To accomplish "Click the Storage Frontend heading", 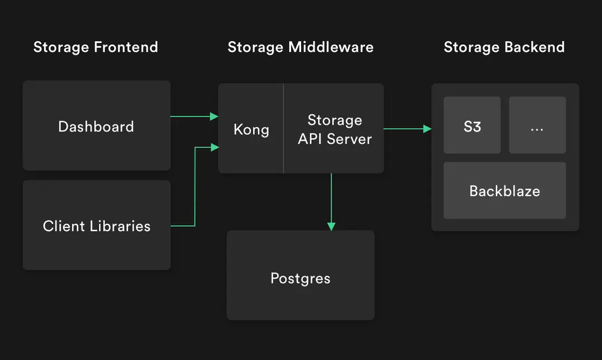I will (95, 47).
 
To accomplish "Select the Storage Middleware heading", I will (300, 47).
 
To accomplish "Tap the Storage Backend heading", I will (504, 47).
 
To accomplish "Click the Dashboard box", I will (96, 126).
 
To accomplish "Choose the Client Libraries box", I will (96, 226).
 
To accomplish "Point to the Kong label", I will (251, 130).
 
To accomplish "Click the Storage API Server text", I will (334, 129).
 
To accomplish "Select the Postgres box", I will (300, 278).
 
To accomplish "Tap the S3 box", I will (472, 126).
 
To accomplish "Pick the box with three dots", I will (537, 126).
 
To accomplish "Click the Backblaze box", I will (504, 191).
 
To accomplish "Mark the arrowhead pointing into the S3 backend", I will (428, 129).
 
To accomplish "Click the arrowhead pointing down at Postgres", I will (331, 226).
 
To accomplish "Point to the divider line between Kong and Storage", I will (284, 128).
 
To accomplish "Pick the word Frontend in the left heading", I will (126, 47).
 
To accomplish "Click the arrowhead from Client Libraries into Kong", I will (214, 147).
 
